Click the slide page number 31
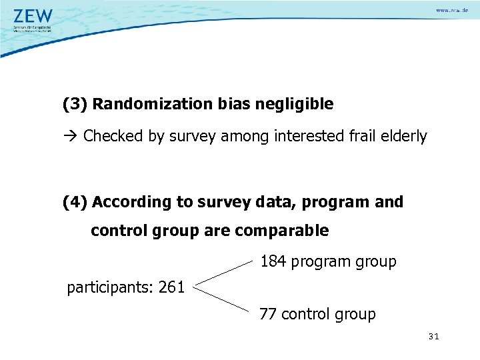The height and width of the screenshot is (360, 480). click(x=433, y=337)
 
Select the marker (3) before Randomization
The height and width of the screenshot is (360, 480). click(x=75, y=105)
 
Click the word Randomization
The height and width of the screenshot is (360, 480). click(x=153, y=105)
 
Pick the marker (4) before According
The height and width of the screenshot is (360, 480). click(x=75, y=202)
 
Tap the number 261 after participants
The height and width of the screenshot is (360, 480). click(x=171, y=289)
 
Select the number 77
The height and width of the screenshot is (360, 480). click(x=268, y=314)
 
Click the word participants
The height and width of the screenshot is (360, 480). click(x=110, y=289)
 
